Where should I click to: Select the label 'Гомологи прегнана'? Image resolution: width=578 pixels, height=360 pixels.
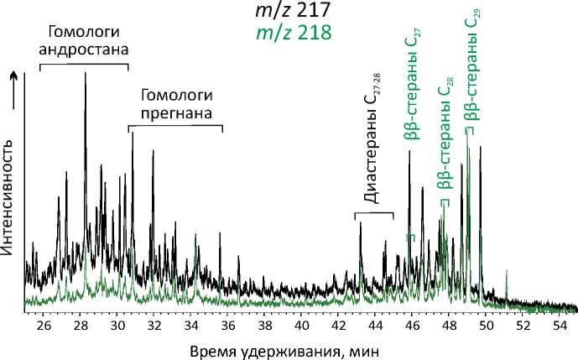175,103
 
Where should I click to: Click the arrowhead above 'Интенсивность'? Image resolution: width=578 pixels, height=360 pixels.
11,76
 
